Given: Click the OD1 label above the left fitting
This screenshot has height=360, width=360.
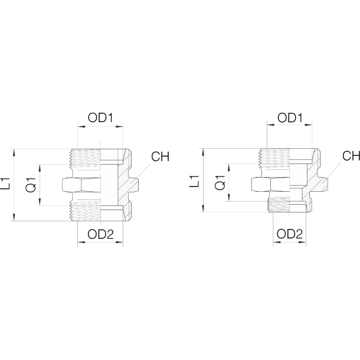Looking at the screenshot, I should [x=100, y=118].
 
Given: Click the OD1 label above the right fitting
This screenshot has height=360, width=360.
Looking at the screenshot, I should [x=289, y=118].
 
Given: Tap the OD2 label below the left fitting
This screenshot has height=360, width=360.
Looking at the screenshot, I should [x=100, y=234].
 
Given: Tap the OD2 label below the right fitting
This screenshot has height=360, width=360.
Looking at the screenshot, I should [x=289, y=234].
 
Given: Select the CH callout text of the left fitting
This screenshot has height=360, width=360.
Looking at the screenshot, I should [x=161, y=157].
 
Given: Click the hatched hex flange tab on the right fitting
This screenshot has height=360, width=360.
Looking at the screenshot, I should [x=322, y=183].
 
